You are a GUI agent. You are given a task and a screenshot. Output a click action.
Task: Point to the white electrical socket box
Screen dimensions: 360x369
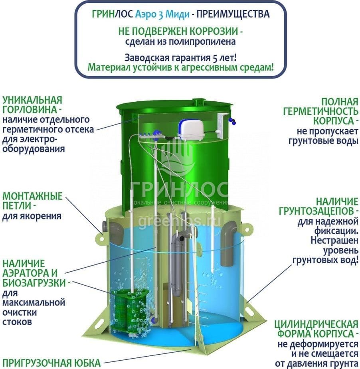coord(222,126)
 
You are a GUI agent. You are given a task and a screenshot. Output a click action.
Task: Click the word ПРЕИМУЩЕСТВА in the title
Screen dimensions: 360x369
coord(233,14)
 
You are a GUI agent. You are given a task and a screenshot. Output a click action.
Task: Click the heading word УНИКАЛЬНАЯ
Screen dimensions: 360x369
coord(32,100)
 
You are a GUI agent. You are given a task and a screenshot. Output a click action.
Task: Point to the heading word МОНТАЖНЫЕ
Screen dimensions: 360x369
coord(32,196)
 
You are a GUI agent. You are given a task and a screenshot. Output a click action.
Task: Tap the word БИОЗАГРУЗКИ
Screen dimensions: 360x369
coord(34,282)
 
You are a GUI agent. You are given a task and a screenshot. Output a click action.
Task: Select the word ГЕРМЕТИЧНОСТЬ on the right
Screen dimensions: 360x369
coord(320,111)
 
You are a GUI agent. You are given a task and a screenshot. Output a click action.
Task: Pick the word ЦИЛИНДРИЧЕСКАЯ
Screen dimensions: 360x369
coord(316,324)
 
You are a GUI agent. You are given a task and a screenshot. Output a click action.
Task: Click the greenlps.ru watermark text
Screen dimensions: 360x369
coord(180,221)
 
